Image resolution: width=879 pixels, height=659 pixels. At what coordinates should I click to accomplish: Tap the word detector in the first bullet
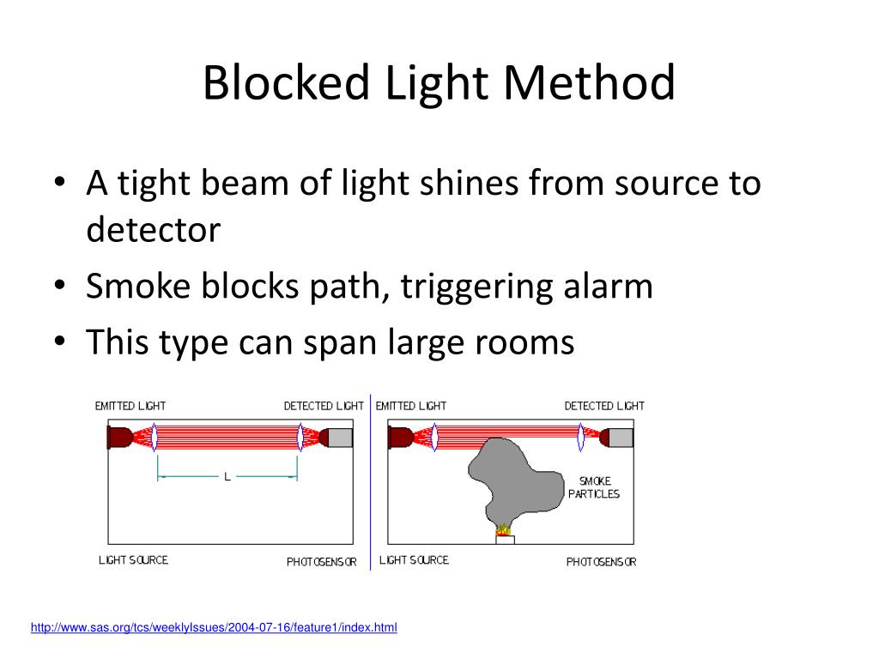[153, 229]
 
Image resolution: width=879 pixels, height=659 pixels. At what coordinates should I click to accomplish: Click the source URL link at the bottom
[214, 628]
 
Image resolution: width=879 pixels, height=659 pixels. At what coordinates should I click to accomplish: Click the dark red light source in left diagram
[118, 438]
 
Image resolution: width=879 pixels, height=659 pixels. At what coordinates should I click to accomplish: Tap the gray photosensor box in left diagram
[340, 438]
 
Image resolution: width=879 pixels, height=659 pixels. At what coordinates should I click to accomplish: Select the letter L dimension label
[227, 476]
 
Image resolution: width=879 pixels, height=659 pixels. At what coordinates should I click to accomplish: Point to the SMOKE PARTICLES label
[594, 487]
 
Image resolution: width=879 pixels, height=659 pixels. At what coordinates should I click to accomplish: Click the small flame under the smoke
[504, 530]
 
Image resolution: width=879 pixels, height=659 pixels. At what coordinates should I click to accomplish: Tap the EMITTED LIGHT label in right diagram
[411, 406]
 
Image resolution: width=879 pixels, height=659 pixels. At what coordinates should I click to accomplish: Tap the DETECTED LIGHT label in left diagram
[324, 406]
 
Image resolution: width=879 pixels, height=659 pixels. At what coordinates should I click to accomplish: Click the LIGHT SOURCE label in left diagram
[133, 560]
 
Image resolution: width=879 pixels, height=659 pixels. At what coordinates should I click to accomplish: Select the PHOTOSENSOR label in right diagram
[601, 562]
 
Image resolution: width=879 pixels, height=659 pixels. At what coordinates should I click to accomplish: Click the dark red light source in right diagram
[399, 438]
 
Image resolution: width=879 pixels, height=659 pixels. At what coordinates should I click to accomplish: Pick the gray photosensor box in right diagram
[621, 438]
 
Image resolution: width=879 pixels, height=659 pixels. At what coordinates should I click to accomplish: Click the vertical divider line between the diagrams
[370, 481]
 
